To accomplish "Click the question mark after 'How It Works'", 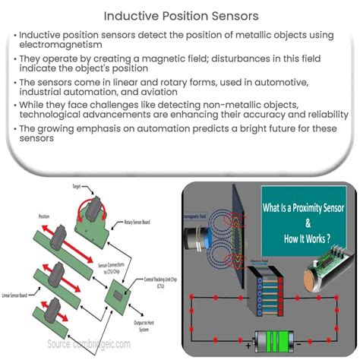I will click(331, 235).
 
